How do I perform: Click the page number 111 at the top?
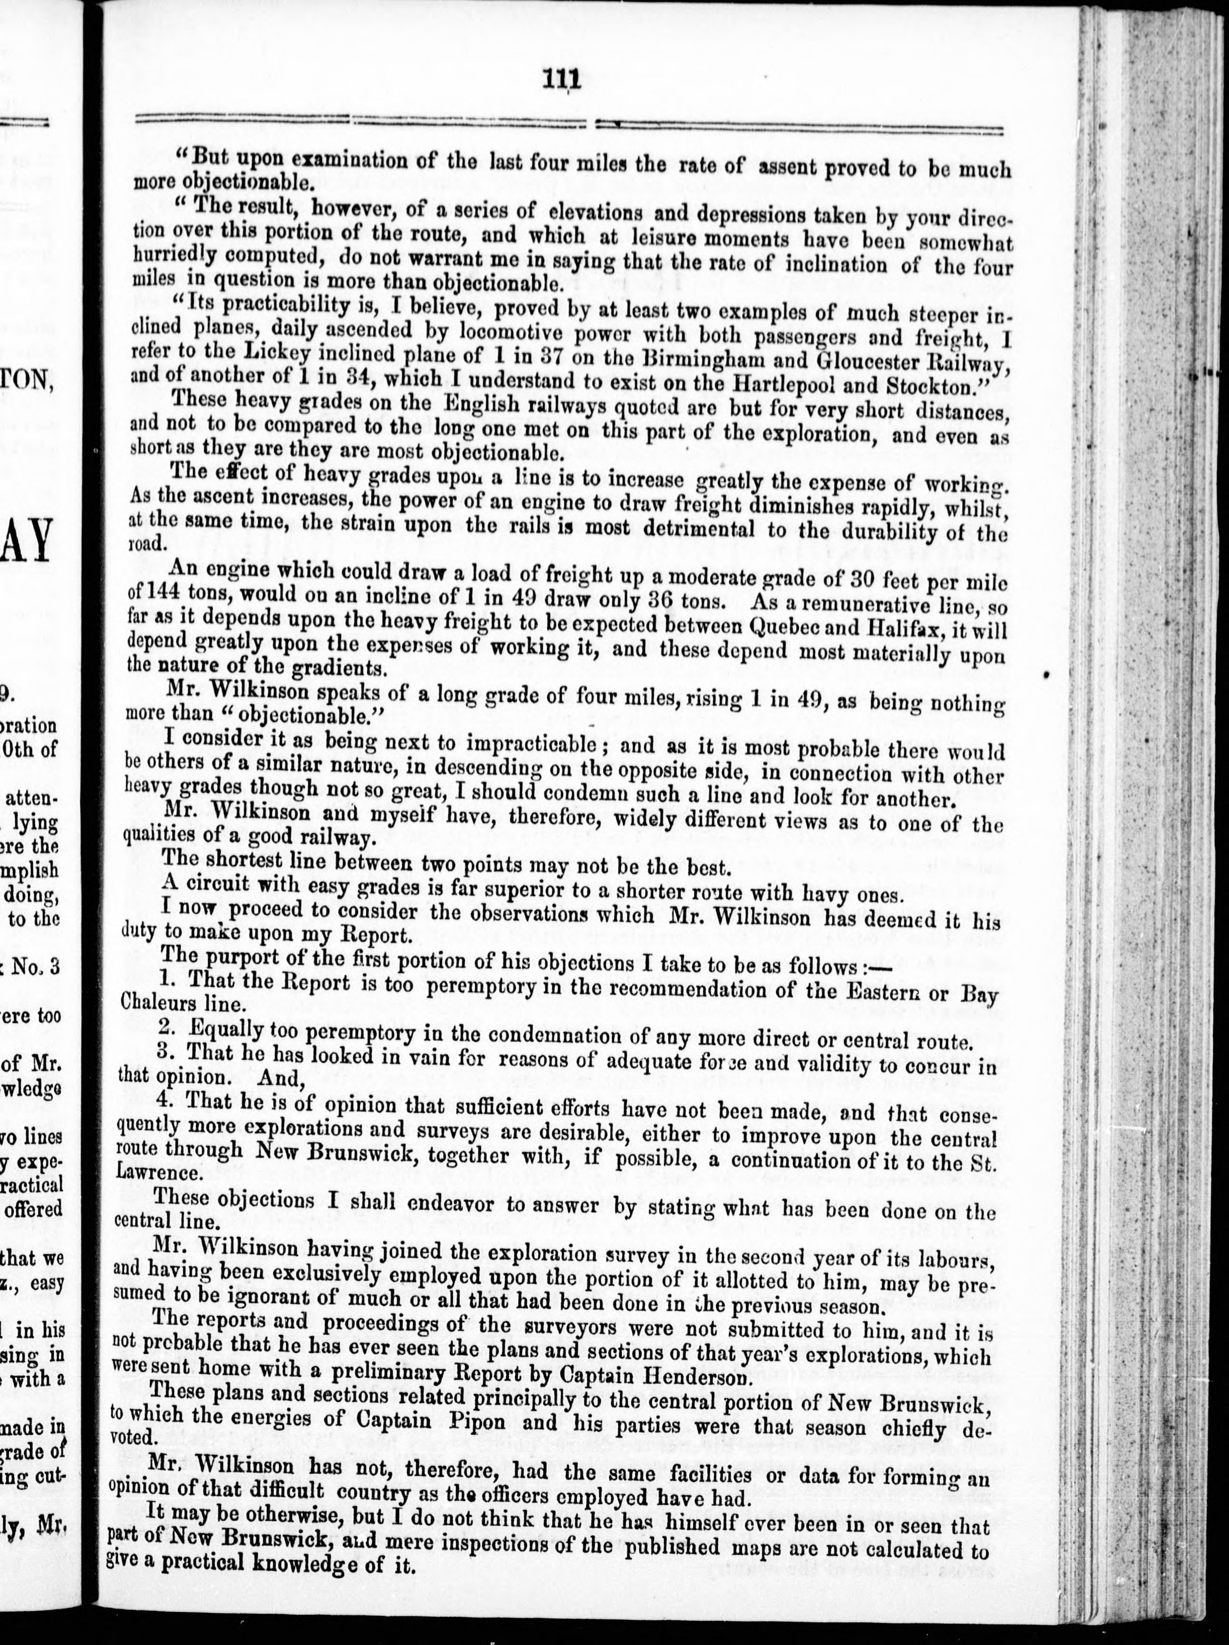tap(562, 79)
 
